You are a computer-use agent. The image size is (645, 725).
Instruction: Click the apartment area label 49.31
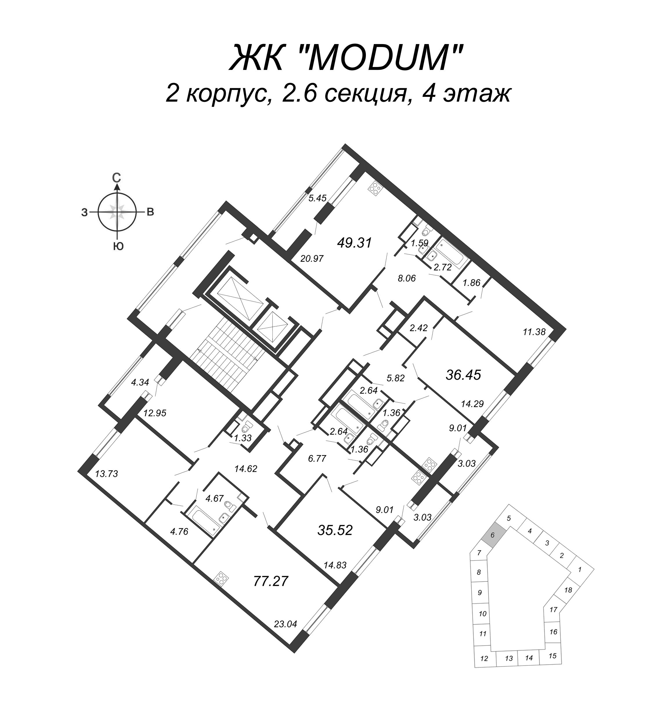[x=355, y=243]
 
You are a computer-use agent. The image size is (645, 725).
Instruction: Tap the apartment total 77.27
[x=271, y=582]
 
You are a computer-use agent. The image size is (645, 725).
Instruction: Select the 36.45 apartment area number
[x=463, y=375]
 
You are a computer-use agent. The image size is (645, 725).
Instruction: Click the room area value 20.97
[x=312, y=259]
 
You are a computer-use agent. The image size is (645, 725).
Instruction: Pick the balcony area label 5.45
[x=317, y=198]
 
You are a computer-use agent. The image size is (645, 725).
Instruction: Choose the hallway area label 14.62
[x=245, y=469]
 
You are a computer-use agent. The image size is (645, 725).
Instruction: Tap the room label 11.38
[x=534, y=332]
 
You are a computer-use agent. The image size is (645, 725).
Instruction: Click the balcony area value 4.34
[x=140, y=382]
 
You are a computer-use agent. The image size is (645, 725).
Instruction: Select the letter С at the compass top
[x=117, y=178]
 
